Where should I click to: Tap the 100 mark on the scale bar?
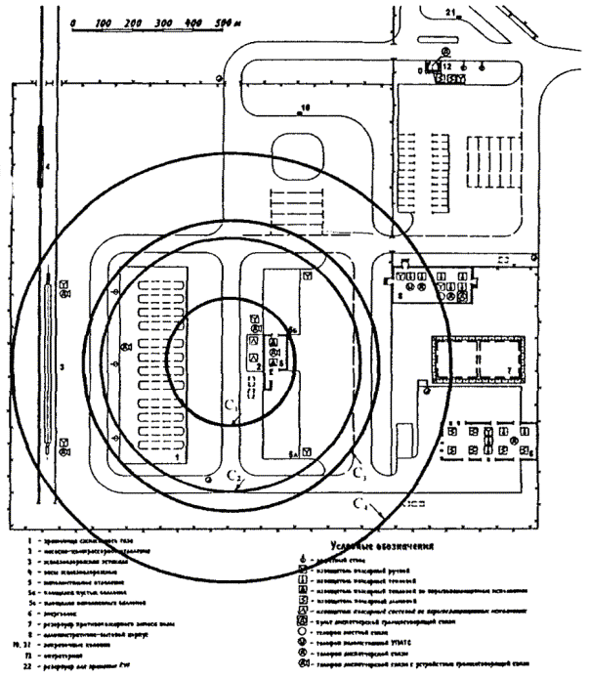pos(103,20)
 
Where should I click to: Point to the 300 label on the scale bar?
pos(162,20)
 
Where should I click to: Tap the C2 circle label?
pos(233,475)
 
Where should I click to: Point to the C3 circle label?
pos(359,474)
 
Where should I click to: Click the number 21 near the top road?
pos(450,12)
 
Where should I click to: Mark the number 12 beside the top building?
pos(445,64)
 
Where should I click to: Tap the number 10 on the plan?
pos(304,106)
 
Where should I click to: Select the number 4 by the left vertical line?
pos(46,168)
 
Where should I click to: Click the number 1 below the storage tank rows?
pos(176,456)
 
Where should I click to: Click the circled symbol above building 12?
pos(445,50)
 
